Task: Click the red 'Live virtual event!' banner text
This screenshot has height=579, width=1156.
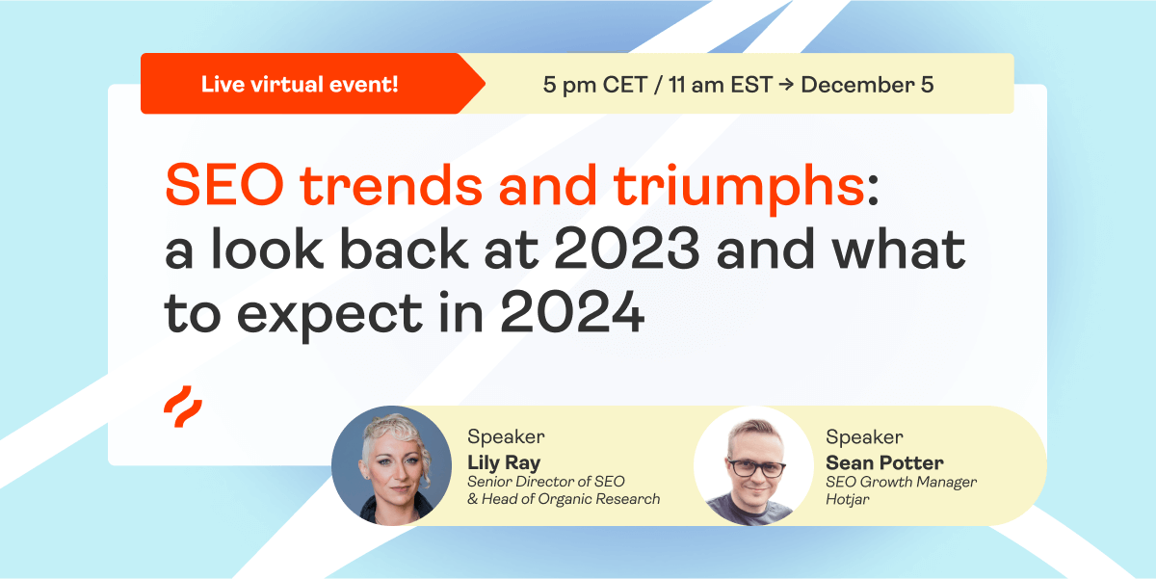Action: pyautogui.click(x=300, y=84)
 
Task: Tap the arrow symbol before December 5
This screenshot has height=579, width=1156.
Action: pyautogui.click(x=786, y=85)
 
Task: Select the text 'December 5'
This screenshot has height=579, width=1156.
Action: pyautogui.click(x=867, y=85)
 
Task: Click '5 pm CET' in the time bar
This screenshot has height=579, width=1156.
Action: pyautogui.click(x=595, y=85)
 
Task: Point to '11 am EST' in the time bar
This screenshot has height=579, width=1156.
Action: pyautogui.click(x=721, y=85)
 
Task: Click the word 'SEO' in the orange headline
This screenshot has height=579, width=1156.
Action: pyautogui.click(x=224, y=185)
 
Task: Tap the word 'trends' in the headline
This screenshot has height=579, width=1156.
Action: pyautogui.click(x=391, y=185)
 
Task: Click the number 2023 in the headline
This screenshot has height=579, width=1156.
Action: pyautogui.click(x=627, y=249)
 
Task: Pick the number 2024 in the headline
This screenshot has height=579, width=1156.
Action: pyautogui.click(x=572, y=312)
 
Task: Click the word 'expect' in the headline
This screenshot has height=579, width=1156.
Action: pyautogui.click(x=329, y=316)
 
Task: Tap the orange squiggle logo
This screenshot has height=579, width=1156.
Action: pyautogui.click(x=183, y=407)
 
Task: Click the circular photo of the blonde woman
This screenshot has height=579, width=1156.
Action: pyautogui.click(x=391, y=465)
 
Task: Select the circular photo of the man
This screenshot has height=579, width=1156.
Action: pyautogui.click(x=753, y=465)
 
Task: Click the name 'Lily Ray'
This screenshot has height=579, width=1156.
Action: pyautogui.click(x=504, y=462)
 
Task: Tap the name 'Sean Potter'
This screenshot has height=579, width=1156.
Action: pyautogui.click(x=884, y=462)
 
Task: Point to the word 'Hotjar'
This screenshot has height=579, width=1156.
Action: pyautogui.click(x=848, y=500)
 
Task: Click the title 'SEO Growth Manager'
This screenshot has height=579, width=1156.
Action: pyautogui.click(x=901, y=482)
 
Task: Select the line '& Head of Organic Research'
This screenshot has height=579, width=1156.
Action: pyautogui.click(x=564, y=499)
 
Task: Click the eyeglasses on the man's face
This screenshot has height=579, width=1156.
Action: pyautogui.click(x=756, y=468)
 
